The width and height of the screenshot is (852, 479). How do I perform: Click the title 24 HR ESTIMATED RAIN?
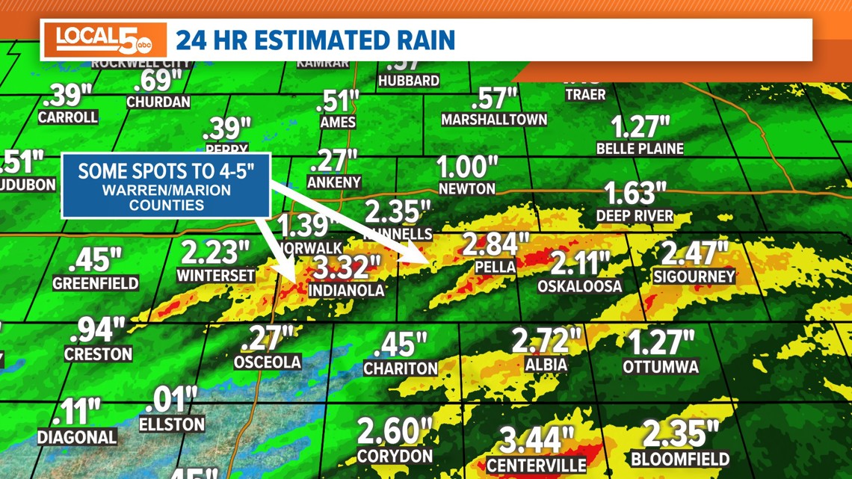click(x=315, y=40)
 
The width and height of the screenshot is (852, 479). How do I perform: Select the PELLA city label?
click(x=495, y=267)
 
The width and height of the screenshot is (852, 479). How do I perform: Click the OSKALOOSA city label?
click(x=579, y=286)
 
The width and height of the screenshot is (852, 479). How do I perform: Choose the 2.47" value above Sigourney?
click(x=694, y=253)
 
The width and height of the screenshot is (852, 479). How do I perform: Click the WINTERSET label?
click(x=215, y=276)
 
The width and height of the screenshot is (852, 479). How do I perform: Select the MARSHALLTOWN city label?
click(x=494, y=120)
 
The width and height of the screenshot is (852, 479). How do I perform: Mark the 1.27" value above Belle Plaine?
click(x=640, y=126)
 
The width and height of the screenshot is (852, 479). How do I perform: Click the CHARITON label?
click(x=401, y=368)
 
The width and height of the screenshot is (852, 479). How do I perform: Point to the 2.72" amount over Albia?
click(x=546, y=341)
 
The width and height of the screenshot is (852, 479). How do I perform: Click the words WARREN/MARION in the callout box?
click(x=166, y=191)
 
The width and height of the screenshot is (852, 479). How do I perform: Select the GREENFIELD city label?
click(x=96, y=283)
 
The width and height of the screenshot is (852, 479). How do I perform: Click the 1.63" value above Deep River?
click(x=635, y=194)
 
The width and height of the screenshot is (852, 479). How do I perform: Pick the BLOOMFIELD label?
click(x=680, y=458)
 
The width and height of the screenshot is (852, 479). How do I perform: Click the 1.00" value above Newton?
click(x=467, y=167)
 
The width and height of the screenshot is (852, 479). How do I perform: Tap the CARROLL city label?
click(x=67, y=117)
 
